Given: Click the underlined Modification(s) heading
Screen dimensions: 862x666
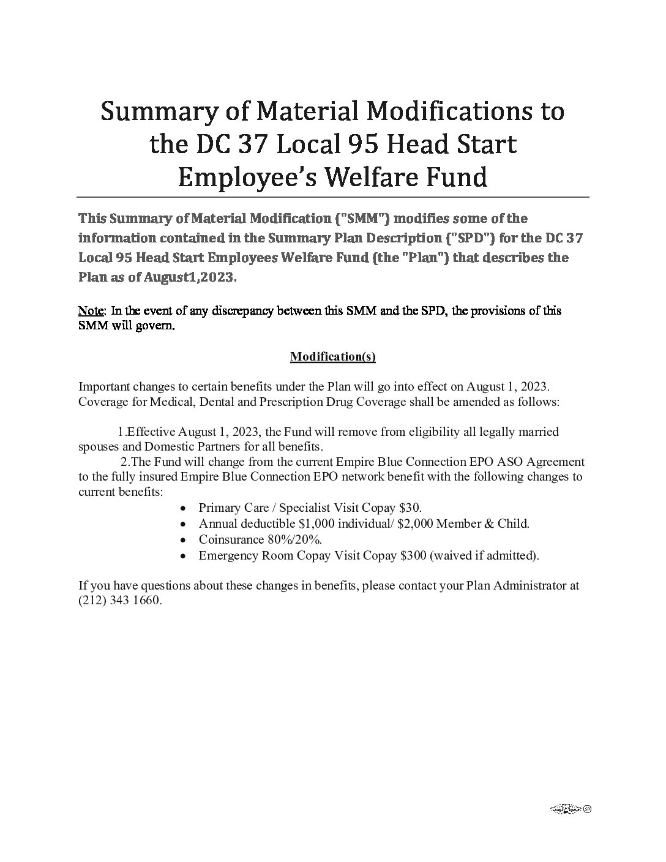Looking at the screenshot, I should (x=332, y=357).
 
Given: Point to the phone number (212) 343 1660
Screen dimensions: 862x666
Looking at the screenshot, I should (x=120, y=601).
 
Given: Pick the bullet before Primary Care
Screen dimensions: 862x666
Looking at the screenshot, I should (x=184, y=508).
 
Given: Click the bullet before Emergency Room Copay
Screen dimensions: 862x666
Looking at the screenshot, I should (x=184, y=556).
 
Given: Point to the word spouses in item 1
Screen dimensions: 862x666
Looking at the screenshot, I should (x=97, y=446).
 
